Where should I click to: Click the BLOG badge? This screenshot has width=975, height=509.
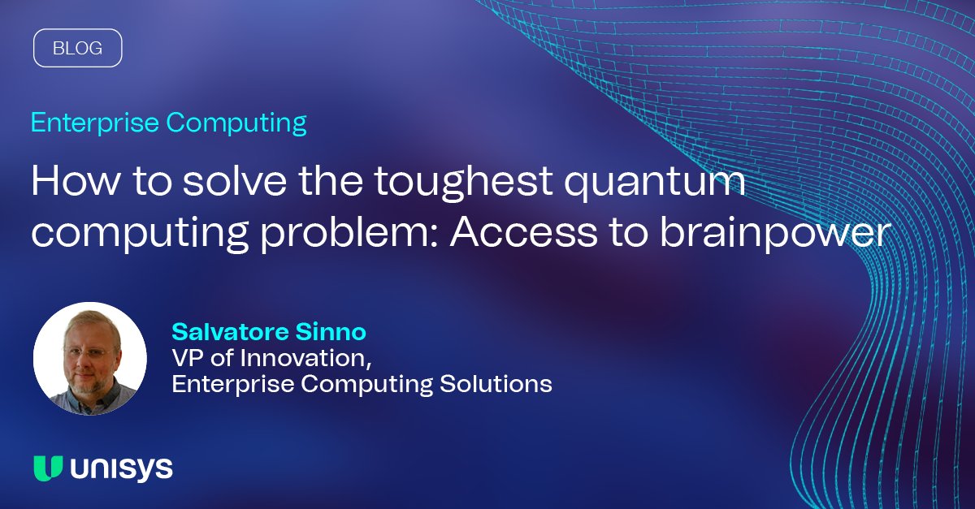pyautogui.click(x=77, y=48)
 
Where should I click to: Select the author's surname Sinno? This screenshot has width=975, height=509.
pyautogui.click(x=336, y=332)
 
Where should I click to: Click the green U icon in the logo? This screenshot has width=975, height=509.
pyautogui.click(x=48, y=468)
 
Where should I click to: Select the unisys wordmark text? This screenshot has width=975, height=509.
pyautogui.click(x=121, y=468)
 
